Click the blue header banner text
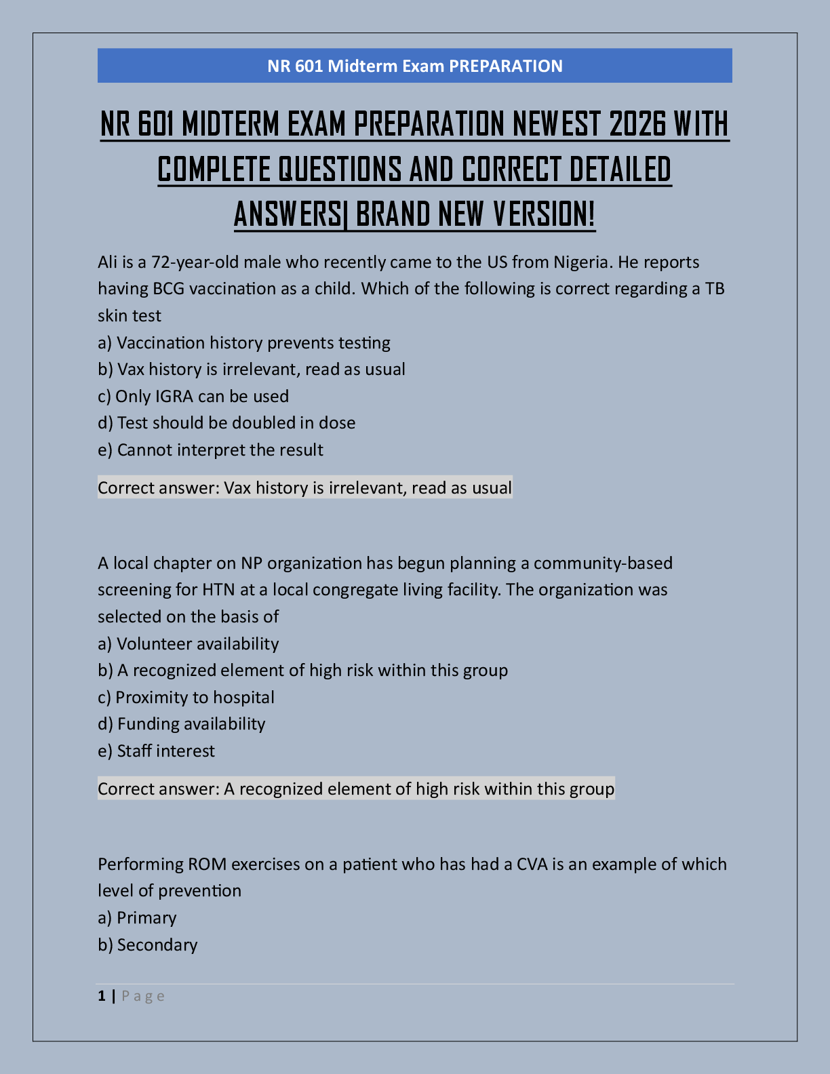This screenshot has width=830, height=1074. pos(414,66)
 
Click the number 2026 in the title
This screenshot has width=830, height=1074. pos(634,124)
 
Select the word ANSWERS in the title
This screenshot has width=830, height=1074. pos(288,214)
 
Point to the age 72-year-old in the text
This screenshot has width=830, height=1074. pos(195,262)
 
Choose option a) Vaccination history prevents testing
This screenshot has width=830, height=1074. pos(244,343)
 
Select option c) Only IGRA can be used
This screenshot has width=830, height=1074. pos(193,397)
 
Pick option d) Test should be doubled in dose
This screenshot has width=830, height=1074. pos(226,423)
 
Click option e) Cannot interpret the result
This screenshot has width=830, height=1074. pos(210,450)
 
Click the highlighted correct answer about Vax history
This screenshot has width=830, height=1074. pos(304,488)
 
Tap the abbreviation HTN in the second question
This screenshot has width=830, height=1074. pos(218,590)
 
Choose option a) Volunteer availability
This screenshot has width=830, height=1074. pos(188,644)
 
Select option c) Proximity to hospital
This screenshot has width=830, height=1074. pos(186,698)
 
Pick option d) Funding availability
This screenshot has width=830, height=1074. pos(181,724)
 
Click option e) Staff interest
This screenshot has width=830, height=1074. pos(156,751)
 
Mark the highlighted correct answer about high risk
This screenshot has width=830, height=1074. pos(356,789)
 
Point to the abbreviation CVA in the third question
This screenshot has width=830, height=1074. pos(532,864)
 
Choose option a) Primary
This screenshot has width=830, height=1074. pos(137,918)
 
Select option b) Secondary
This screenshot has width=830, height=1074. pos(147,945)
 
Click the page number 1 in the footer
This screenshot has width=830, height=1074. pos(102,996)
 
